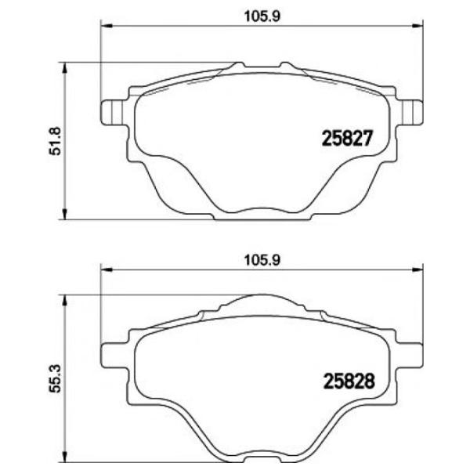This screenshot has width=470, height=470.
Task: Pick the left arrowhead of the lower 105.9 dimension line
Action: click(x=102, y=270)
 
